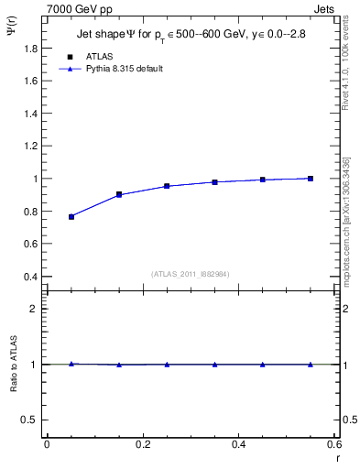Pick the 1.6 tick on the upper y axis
pyautogui.click(x=33, y=81)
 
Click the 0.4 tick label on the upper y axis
pyautogui.click(x=33, y=277)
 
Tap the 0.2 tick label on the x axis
pyautogui.click(x=142, y=444)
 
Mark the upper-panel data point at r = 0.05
pyautogui.click(x=71, y=216)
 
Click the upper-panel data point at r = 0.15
pyautogui.click(x=119, y=194)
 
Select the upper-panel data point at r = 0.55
pyautogui.click(x=311, y=179)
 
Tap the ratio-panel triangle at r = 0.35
pyautogui.click(x=214, y=365)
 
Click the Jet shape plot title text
pyautogui.click(x=191, y=37)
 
